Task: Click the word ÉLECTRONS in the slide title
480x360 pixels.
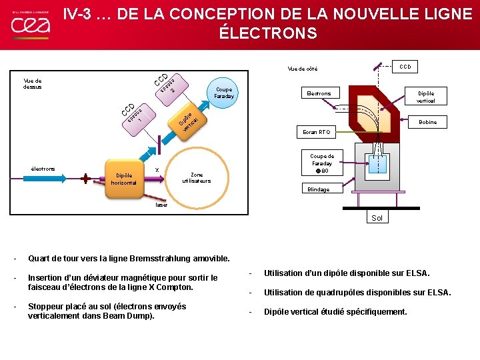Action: coord(269,33)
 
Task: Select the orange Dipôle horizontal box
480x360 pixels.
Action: coord(123,179)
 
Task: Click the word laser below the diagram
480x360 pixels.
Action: coord(162,205)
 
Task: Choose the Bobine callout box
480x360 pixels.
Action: coord(427,123)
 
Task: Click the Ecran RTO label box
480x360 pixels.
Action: coord(315,132)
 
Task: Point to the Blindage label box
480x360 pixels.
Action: coord(318,189)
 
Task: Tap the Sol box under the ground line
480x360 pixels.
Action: coord(377,218)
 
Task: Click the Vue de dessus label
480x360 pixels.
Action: coord(33,83)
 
